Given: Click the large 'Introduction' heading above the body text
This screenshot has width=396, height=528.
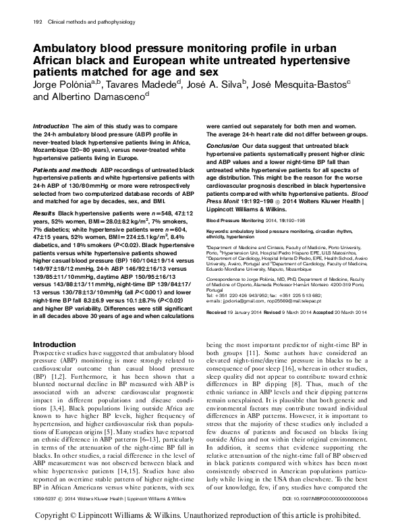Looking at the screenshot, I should click(x=55, y=345).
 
